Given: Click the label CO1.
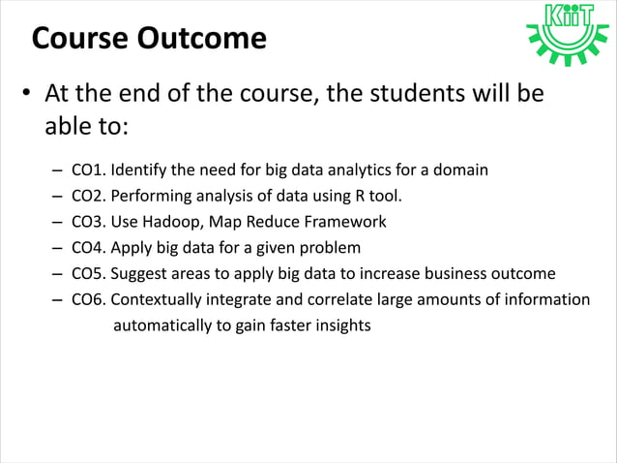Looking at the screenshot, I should tap(90, 170).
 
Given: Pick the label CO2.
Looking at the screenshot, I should tap(90, 197).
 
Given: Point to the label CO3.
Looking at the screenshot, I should tap(90, 222).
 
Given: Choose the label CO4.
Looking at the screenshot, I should tap(90, 248).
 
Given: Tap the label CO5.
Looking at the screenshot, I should tap(90, 274).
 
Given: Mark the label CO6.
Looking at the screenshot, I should tap(90, 299).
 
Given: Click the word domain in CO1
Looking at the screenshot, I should tap(459, 170).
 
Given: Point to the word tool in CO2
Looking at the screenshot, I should tap(383, 197).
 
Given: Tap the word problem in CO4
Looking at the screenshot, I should tap(328, 248).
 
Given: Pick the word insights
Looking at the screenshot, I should tap(339, 325).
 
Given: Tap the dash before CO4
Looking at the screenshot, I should tap(59, 248).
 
